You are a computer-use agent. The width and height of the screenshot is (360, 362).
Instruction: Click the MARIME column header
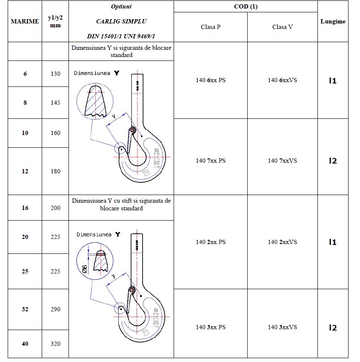25,21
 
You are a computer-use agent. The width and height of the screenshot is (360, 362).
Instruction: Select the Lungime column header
333,21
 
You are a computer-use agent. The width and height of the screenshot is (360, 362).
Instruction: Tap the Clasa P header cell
211,27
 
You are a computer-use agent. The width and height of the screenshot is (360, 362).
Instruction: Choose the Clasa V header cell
283,27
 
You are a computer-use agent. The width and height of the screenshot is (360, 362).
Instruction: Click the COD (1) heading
246,6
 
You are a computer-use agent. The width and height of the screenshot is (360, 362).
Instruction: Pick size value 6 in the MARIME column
25,74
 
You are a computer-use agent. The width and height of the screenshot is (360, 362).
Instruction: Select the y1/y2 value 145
55,103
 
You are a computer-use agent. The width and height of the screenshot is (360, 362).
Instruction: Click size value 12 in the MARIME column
25,171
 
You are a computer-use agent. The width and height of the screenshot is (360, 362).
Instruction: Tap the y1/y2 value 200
55,208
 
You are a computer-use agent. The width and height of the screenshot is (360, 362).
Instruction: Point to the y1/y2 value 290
55,309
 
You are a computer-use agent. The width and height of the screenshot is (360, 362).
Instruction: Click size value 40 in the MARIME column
25,344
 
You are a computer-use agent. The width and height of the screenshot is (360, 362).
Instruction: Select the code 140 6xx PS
211,80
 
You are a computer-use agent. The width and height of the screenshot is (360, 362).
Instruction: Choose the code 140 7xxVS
283,161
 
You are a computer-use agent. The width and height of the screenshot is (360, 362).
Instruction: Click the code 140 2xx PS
211,242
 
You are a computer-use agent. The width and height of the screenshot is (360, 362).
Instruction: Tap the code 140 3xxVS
283,327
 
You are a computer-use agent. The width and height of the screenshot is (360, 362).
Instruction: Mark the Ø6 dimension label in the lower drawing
84,268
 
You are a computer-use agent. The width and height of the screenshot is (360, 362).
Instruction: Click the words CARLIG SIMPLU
121,21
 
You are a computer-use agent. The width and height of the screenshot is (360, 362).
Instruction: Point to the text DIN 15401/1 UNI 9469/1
121,36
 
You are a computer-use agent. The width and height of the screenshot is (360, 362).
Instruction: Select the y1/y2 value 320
55,344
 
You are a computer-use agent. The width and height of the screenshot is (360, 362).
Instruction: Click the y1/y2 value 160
55,133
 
